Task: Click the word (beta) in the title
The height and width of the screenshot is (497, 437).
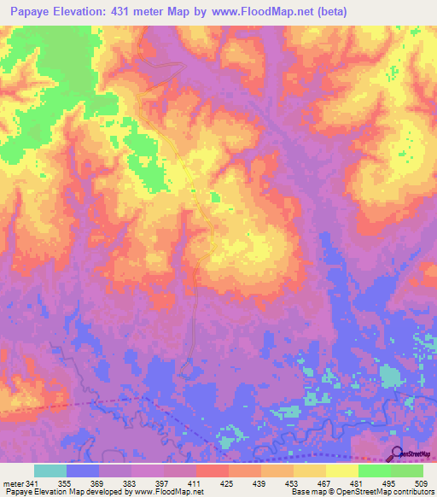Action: (x=366, y=11)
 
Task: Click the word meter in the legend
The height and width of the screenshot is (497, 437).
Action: (x=13, y=484)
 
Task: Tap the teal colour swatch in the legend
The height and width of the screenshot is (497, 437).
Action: (x=50, y=471)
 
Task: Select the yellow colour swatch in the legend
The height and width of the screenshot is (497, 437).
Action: (x=342, y=471)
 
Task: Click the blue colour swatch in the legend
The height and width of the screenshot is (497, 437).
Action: (x=83, y=471)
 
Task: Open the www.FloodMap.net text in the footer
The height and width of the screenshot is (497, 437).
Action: (x=167, y=493)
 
